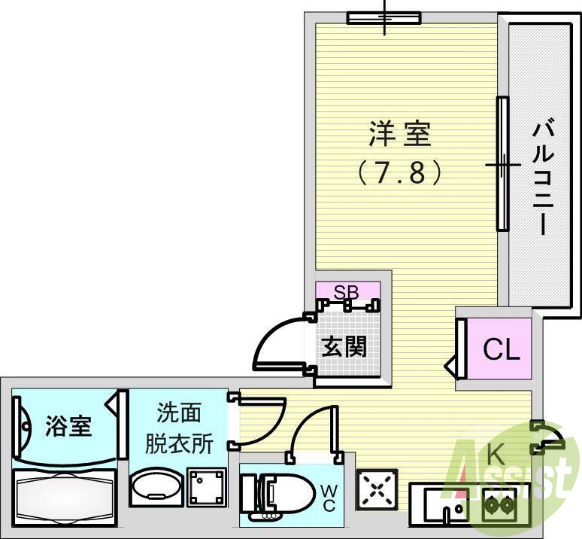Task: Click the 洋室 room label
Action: coord(399,135)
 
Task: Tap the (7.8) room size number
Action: coord(399,173)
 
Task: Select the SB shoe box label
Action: coord(347,291)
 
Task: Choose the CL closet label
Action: coord(501,350)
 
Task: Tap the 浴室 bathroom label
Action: coord(68,426)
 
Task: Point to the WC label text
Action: coord(329,498)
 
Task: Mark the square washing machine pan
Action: coord(206,487)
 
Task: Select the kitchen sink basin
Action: coord(444,504)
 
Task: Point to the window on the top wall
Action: coord(383,17)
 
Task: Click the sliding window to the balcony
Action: coord(502,164)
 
